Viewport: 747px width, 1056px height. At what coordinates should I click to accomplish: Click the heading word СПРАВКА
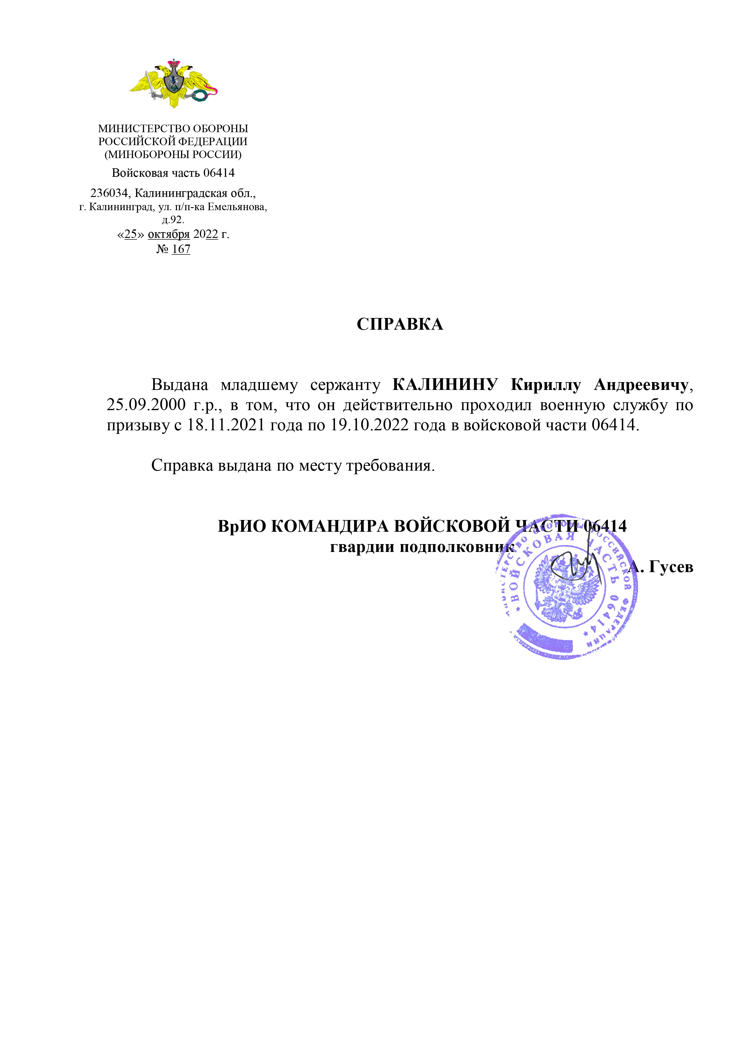point(400,324)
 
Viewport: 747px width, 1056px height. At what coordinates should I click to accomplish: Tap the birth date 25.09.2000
point(146,405)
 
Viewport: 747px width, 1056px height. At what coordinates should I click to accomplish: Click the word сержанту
point(345,385)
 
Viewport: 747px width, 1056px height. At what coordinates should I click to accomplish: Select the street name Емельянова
point(237,207)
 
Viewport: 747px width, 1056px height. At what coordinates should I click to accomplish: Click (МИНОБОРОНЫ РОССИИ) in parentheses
point(173,154)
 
